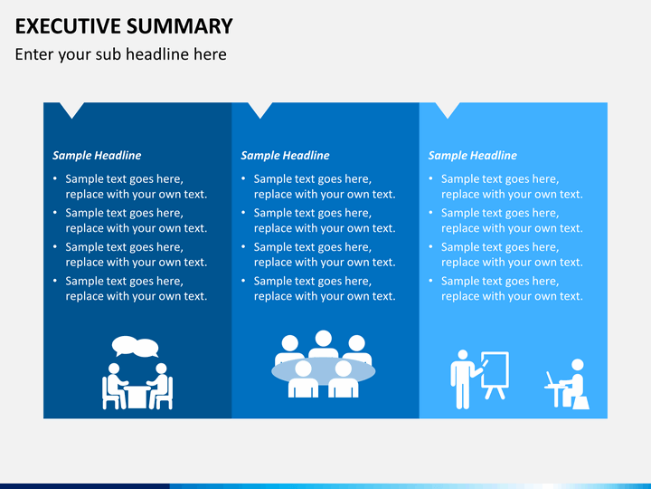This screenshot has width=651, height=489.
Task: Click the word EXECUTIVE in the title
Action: (x=68, y=25)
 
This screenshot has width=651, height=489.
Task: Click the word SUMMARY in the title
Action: (x=179, y=25)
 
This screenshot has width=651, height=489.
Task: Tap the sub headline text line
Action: (x=121, y=54)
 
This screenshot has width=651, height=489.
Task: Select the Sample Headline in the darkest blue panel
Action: (x=97, y=156)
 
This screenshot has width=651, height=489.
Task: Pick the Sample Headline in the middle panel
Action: (x=285, y=156)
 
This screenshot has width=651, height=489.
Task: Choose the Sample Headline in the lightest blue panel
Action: (x=473, y=156)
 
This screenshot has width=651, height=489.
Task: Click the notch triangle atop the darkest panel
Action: (x=71, y=109)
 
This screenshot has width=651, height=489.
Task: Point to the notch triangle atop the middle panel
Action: (x=260, y=109)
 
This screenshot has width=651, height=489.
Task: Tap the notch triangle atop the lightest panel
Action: (x=448, y=109)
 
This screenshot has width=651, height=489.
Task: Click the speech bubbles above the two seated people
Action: (x=136, y=346)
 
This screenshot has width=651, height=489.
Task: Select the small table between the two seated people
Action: (x=137, y=398)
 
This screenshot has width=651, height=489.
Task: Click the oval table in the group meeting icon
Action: (x=324, y=371)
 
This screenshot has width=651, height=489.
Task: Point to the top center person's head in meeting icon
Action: (x=324, y=339)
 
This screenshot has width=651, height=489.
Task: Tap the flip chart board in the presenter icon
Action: (x=495, y=369)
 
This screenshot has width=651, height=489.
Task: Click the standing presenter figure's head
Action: (x=463, y=355)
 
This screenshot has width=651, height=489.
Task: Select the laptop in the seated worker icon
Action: (x=551, y=379)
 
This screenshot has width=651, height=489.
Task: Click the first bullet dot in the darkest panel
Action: (x=55, y=178)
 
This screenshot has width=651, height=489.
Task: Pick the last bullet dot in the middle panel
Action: (x=244, y=281)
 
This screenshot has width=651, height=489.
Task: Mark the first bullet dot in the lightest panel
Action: (x=431, y=178)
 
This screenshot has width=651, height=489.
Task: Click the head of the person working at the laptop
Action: (x=578, y=365)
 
